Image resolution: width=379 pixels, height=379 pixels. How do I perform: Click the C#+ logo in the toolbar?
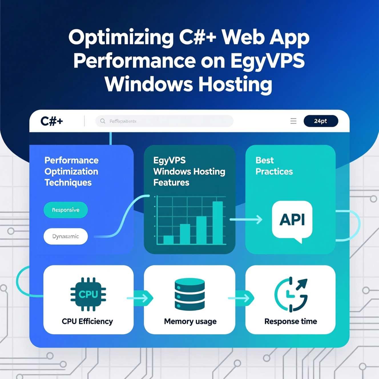[x=52, y=121]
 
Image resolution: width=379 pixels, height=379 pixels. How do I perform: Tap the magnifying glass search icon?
[x=103, y=121]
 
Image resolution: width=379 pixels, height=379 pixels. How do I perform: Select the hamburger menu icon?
[x=293, y=121]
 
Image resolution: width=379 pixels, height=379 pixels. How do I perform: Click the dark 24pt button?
[x=321, y=121]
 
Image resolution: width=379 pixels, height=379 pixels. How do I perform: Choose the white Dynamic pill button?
[x=66, y=236]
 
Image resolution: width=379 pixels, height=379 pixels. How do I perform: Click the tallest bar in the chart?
[x=218, y=223]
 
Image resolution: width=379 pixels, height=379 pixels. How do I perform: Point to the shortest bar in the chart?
[x=168, y=240]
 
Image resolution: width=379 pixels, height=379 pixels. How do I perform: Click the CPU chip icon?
[x=88, y=294]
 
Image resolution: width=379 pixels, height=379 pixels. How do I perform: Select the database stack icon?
[x=190, y=294]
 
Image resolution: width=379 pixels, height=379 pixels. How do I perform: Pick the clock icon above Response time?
[x=291, y=294]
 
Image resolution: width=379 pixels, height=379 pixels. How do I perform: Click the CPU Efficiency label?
[x=87, y=321]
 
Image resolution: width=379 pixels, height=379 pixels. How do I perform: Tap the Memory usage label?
[x=190, y=322]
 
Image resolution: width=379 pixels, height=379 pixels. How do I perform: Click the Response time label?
[x=291, y=321]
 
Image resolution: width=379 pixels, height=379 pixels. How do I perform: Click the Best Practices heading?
[x=274, y=166]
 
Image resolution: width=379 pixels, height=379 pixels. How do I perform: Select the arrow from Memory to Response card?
[x=240, y=298]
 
